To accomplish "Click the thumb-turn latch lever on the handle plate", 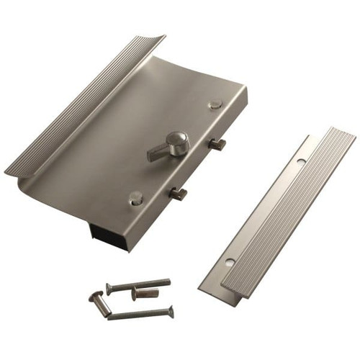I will coord(160,152).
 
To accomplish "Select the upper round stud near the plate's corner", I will coord(215,105).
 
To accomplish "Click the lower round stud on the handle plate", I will coord(135,198).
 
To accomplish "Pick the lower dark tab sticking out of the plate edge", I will coord(178,192).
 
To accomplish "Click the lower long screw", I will coord(140,313).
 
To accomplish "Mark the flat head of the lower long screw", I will coord(171,310).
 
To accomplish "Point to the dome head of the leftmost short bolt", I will coord(96,297).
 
